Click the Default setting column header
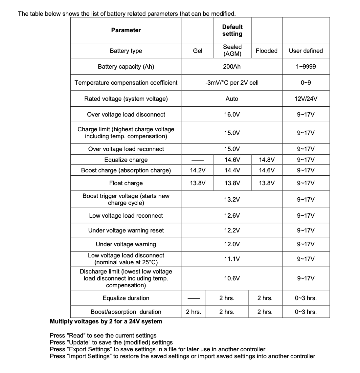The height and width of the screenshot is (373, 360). coord(232,30)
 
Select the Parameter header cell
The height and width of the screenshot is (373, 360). coord(126,30)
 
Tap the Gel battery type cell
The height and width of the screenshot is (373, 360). coord(198,51)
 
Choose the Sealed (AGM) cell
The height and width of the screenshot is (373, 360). coord(232,51)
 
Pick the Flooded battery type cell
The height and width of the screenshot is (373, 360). coord(266,51)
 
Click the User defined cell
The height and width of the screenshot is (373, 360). coord(305,51)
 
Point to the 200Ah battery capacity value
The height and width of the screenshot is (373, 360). coord(232,67)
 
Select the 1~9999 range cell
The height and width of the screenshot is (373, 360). coord(305,67)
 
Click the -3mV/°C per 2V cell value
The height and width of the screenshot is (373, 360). coord(232,83)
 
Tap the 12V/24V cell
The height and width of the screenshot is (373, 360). coord(305,99)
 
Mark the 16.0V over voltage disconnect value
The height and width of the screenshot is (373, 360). coord(232,115)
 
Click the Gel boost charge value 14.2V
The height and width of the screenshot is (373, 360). coord(198,170)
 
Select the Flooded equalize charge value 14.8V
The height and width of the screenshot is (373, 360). coord(266,160)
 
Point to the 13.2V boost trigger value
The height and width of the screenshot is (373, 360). coord(232,200)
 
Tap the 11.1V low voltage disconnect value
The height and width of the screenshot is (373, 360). coord(232,259)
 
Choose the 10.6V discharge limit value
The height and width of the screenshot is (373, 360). coord(232,278)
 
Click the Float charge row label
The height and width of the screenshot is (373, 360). coord(126,183)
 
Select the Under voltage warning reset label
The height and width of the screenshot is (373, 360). coord(126,230)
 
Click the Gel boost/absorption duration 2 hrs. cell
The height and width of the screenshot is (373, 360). coord(194,312)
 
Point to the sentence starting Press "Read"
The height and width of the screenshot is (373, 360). coord(103,336)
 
